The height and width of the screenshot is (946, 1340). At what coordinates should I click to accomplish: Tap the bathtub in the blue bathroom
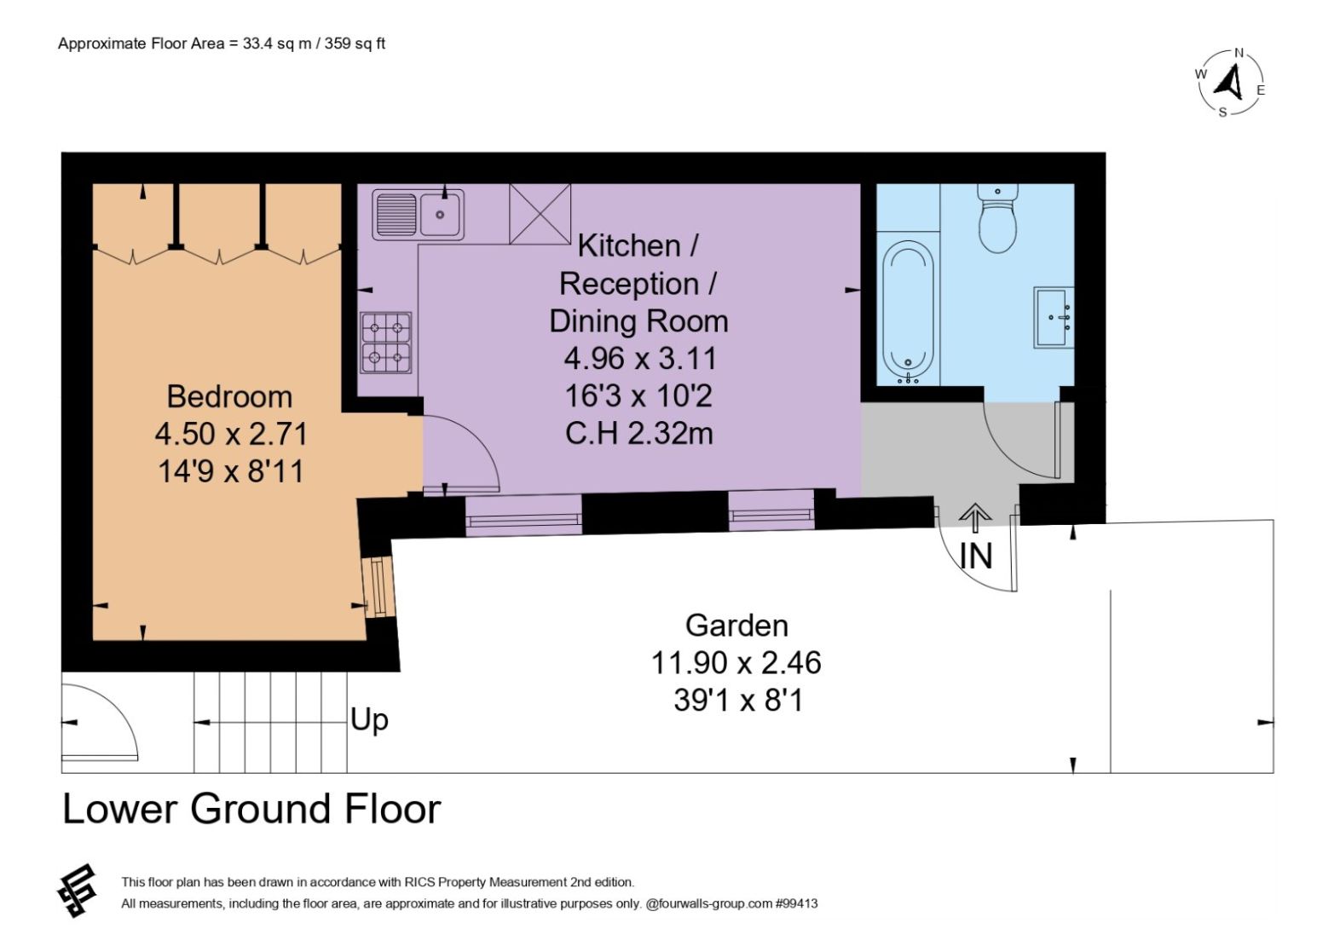coord(908,312)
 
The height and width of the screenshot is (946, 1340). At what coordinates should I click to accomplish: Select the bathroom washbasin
coord(1054,318)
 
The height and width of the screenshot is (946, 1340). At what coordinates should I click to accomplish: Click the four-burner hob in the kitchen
coord(386,343)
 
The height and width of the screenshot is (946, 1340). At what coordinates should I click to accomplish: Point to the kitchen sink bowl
coord(440,215)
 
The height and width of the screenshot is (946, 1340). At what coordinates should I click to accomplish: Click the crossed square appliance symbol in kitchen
coord(540,213)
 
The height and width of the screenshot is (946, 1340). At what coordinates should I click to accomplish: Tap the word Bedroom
coord(229,396)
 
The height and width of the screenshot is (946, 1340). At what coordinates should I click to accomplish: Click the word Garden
coord(736,626)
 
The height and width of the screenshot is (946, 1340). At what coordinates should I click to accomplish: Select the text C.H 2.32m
coord(639,434)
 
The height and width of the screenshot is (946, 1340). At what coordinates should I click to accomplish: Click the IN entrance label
coord(976,557)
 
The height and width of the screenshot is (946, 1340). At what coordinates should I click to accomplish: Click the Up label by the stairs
coord(369,720)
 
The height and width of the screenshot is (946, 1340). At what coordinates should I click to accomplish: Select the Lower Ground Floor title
coord(251,809)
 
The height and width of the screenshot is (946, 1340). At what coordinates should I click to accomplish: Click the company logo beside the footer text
coord(78,890)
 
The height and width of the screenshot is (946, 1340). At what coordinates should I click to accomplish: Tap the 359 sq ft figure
coord(355,43)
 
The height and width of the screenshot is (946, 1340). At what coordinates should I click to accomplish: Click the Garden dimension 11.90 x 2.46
coord(736,662)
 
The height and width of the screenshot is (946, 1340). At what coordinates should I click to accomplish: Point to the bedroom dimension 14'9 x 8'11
coord(231,471)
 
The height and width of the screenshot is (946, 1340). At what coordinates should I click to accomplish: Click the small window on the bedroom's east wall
coord(379,587)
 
